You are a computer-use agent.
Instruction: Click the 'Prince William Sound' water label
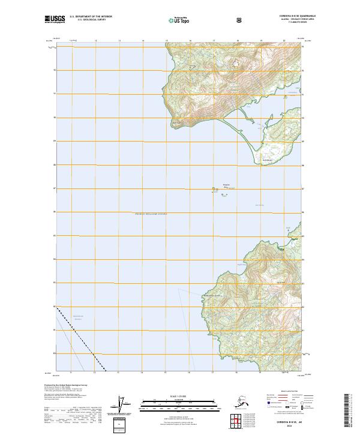[151, 214]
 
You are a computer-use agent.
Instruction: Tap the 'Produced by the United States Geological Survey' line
[66, 385]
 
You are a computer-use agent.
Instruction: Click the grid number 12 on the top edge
[96, 41]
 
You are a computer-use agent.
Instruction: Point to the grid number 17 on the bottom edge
[214, 373]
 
